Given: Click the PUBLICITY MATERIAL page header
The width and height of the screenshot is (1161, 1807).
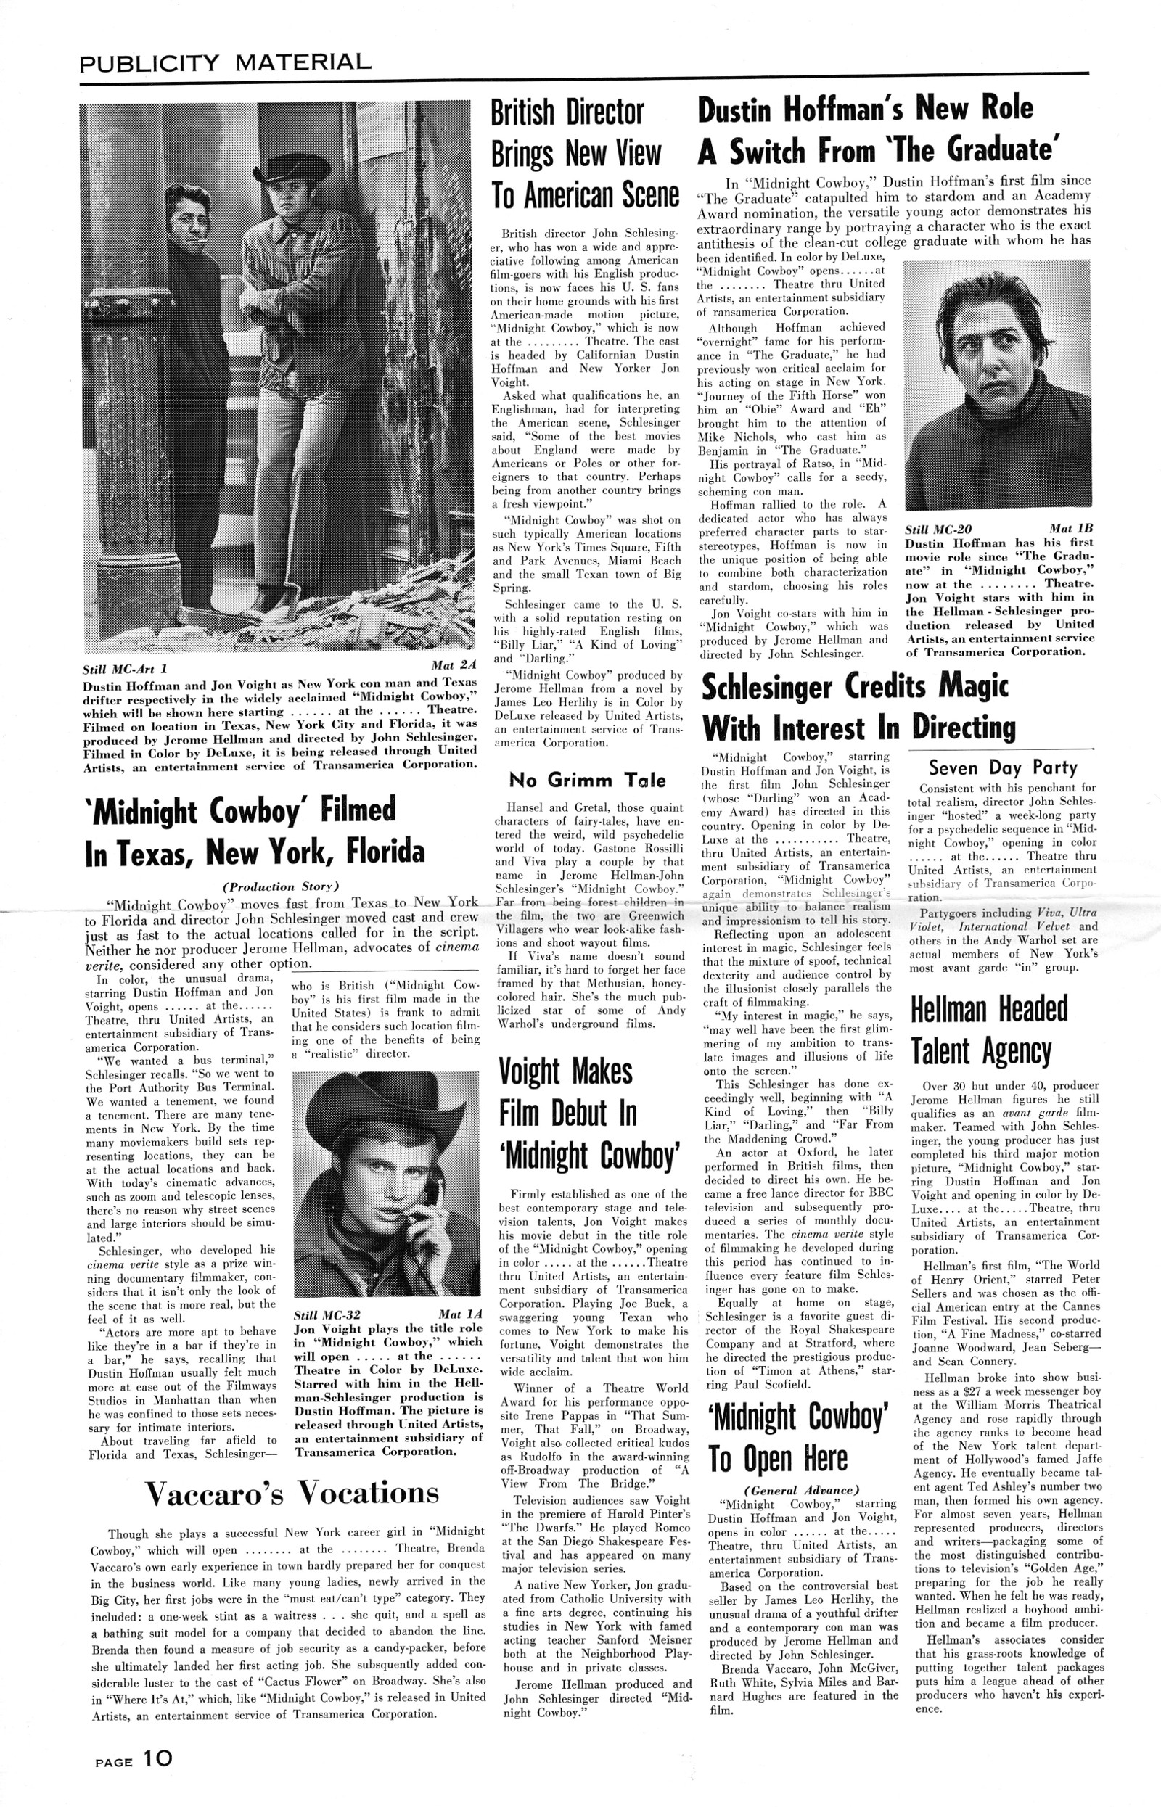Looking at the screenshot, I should (x=226, y=62).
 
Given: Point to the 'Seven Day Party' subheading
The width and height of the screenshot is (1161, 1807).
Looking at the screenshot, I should (x=1002, y=768).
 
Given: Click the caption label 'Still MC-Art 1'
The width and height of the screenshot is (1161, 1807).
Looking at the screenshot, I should (x=128, y=668).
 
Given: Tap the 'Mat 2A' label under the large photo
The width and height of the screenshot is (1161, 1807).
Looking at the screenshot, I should (x=452, y=665).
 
